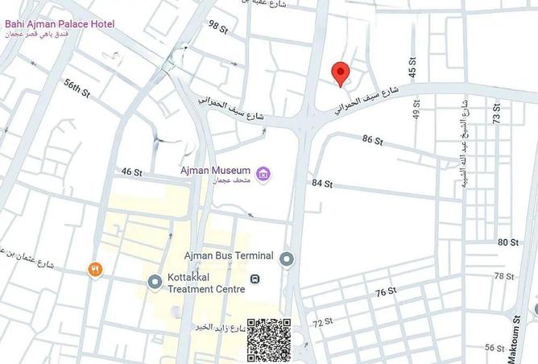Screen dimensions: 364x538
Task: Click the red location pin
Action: tap(341, 73)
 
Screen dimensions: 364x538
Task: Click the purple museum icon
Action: tap(263, 173)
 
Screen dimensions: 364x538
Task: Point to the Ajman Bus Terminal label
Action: tap(229, 256)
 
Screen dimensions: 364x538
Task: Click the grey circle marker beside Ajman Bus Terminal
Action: tap(288, 259)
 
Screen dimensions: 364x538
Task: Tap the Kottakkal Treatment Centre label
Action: tap(207, 283)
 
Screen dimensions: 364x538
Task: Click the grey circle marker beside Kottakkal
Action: tap(155, 282)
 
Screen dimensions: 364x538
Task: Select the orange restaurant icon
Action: tap(96, 270)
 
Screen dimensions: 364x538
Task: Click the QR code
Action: tap(268, 340)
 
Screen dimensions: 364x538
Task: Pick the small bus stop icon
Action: tap(255, 279)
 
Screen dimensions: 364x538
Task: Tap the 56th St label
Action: tap(77, 88)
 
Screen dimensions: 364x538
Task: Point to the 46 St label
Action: tap(131, 172)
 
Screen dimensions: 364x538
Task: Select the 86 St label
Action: tap(373, 140)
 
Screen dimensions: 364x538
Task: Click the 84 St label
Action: tap(322, 184)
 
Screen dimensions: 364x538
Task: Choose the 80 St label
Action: tap(508, 242)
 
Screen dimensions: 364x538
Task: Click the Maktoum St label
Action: tap(516, 331)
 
